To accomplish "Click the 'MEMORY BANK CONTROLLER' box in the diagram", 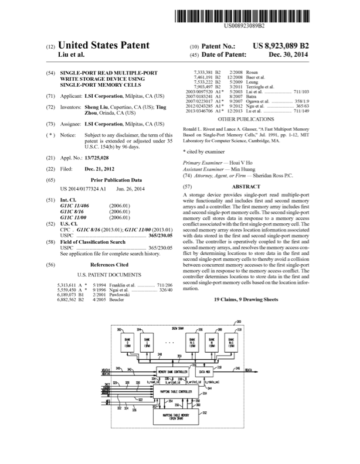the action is [172, 372].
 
